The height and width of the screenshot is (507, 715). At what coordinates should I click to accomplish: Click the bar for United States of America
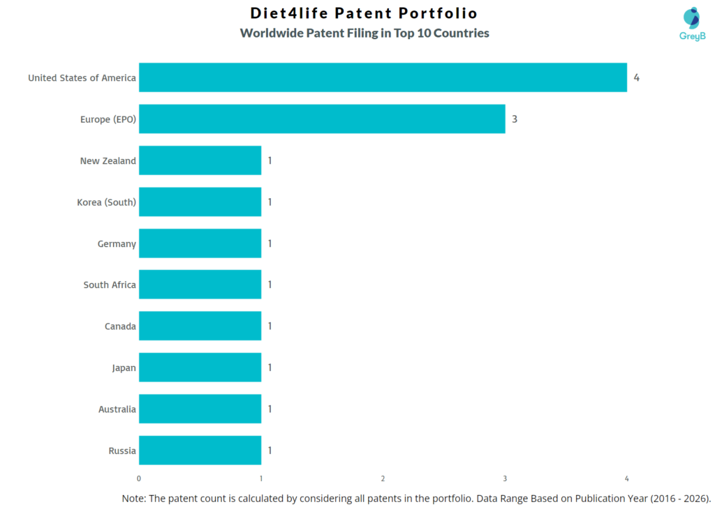pos(383,77)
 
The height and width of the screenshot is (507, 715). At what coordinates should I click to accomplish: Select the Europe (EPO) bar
pos(322,119)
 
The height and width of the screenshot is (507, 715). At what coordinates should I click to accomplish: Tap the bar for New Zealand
pos(200,160)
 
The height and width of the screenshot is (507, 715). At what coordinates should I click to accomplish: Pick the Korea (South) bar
pos(200,202)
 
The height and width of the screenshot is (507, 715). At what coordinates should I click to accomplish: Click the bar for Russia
pos(200,451)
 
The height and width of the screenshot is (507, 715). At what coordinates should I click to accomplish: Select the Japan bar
pos(200,368)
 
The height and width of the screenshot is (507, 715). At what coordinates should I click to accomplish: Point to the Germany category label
pos(117,243)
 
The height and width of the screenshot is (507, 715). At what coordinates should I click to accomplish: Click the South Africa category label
pos(110,285)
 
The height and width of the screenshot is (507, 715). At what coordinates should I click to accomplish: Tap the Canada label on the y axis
pos(120,326)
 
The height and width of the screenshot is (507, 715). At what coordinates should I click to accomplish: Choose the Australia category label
pos(117,409)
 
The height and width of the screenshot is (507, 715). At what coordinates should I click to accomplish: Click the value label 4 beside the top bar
pos(636,77)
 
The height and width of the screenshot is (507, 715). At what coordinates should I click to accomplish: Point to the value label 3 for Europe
pos(515,119)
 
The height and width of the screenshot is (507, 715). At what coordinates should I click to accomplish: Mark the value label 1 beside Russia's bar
pos(270,451)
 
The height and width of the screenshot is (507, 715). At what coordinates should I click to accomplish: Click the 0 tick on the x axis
pos(139,478)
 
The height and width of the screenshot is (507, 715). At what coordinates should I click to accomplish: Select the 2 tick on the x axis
pos(383,478)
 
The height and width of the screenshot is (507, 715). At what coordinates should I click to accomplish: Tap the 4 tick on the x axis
pos(626,478)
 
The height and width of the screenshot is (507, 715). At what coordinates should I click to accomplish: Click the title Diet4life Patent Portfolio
pos(364,13)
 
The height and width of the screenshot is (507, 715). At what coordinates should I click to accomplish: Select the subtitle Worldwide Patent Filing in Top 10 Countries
pos(364,33)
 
